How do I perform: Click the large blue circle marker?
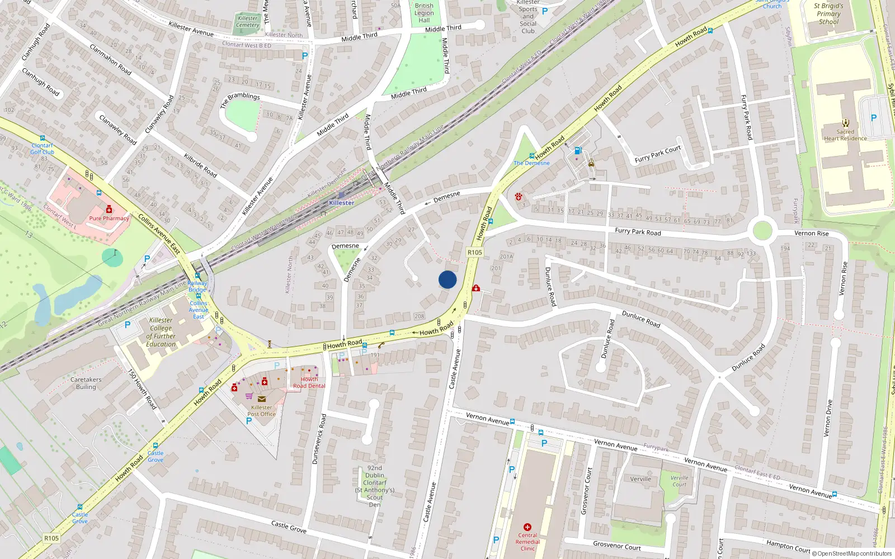(x=447, y=279)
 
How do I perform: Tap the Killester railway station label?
(x=341, y=203)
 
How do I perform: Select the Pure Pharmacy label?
(x=109, y=219)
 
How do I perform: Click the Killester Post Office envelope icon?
(x=261, y=399)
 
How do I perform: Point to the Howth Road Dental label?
(x=309, y=382)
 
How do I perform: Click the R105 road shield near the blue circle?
(x=474, y=253)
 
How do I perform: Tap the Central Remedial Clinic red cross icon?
(x=527, y=527)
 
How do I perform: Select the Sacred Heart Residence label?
(x=845, y=135)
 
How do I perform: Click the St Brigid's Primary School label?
(x=828, y=14)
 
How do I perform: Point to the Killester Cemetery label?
(x=247, y=22)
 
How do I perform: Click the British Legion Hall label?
(x=424, y=13)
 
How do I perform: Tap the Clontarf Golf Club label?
(x=43, y=149)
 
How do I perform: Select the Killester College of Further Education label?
(x=161, y=332)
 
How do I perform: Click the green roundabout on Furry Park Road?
(x=762, y=230)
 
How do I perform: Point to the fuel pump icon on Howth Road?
(x=578, y=150)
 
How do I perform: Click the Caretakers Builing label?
(x=86, y=383)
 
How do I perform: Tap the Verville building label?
(x=640, y=479)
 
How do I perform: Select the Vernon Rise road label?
(x=811, y=233)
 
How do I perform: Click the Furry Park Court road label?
(x=658, y=154)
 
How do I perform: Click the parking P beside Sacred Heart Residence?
(x=874, y=118)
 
